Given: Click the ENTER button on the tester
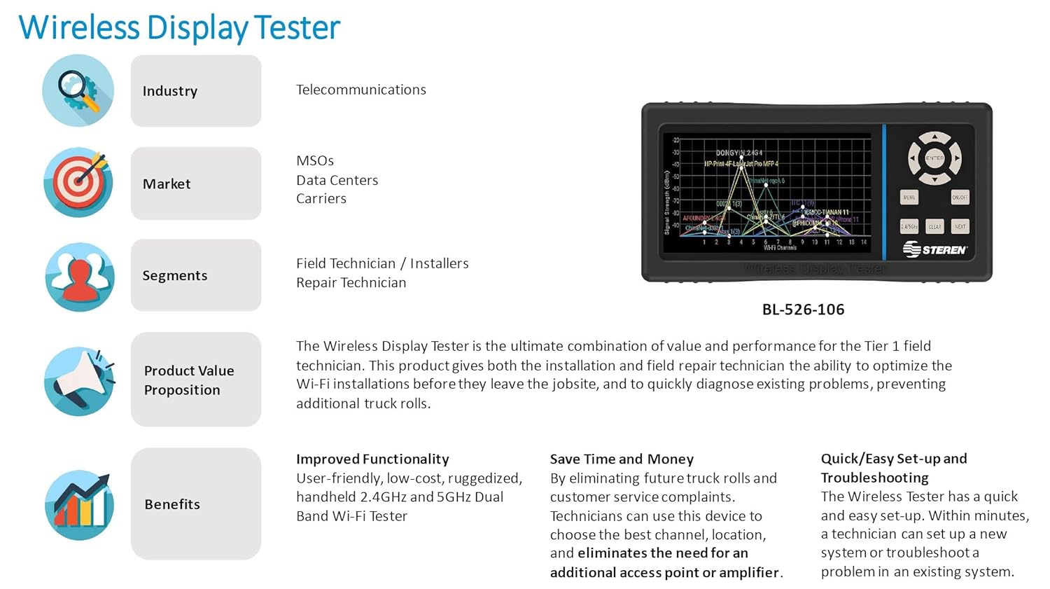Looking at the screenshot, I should tap(934, 158).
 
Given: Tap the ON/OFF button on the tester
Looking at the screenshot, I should tap(960, 198).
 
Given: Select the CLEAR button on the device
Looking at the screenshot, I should tap(934, 226).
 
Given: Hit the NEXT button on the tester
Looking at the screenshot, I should tap(960, 226).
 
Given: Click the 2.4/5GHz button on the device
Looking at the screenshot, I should tap(909, 226).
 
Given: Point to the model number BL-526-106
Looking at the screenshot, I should tap(803, 310).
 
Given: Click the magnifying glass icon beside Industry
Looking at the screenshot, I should tap(78, 90).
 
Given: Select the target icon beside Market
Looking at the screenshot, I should tap(78, 182).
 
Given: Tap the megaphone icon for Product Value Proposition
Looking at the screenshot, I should tap(78, 380).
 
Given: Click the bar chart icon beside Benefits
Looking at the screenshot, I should tap(78, 504).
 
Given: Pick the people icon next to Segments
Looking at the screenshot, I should tap(78, 276).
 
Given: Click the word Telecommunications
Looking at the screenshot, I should tap(360, 90).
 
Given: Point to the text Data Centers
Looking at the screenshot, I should tap(337, 180).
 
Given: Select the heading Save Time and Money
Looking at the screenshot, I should tap(622, 459).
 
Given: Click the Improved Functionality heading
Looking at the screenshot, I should tap(372, 459).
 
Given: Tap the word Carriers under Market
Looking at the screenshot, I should tap(321, 198).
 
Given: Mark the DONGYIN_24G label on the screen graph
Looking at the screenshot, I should tap(738, 152).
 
